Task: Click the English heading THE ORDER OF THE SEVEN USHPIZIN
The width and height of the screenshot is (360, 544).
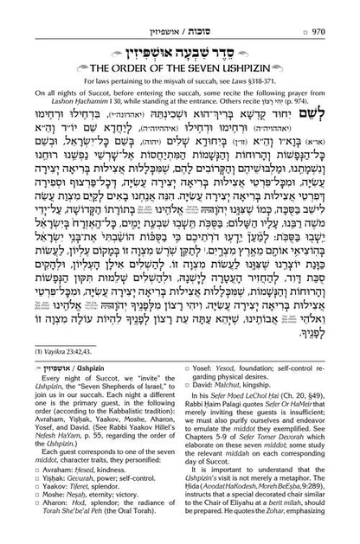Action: click(x=179, y=63)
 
